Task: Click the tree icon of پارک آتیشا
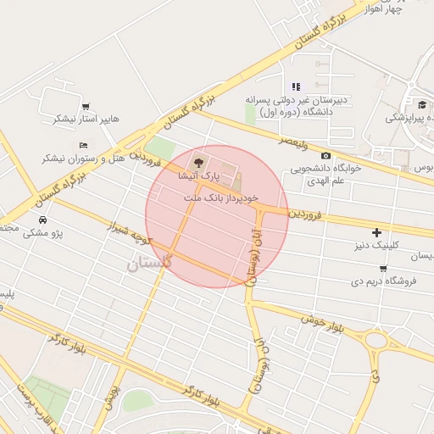[198, 160]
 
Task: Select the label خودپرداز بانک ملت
[217, 197]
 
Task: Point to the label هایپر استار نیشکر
[86, 119]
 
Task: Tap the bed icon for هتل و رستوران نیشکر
[83, 144]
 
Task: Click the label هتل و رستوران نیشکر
[81, 159]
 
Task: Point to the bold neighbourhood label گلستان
[149, 264]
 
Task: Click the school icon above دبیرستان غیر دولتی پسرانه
[296, 86]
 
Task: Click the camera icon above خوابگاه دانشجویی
[325, 155]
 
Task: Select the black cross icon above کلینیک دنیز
[377, 232]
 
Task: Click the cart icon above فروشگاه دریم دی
[383, 269]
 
